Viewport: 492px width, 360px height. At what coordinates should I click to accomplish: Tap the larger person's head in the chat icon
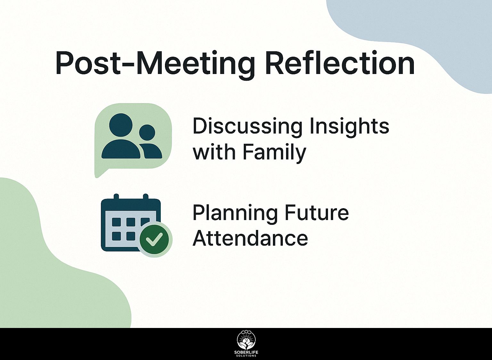(x=121, y=124)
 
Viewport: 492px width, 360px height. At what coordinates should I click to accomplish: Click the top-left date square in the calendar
(x=116, y=222)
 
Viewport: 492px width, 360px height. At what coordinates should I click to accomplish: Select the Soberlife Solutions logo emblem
(x=246, y=340)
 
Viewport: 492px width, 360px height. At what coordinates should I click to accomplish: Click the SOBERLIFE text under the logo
(x=246, y=352)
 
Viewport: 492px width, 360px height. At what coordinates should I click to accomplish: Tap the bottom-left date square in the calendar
(x=116, y=236)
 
